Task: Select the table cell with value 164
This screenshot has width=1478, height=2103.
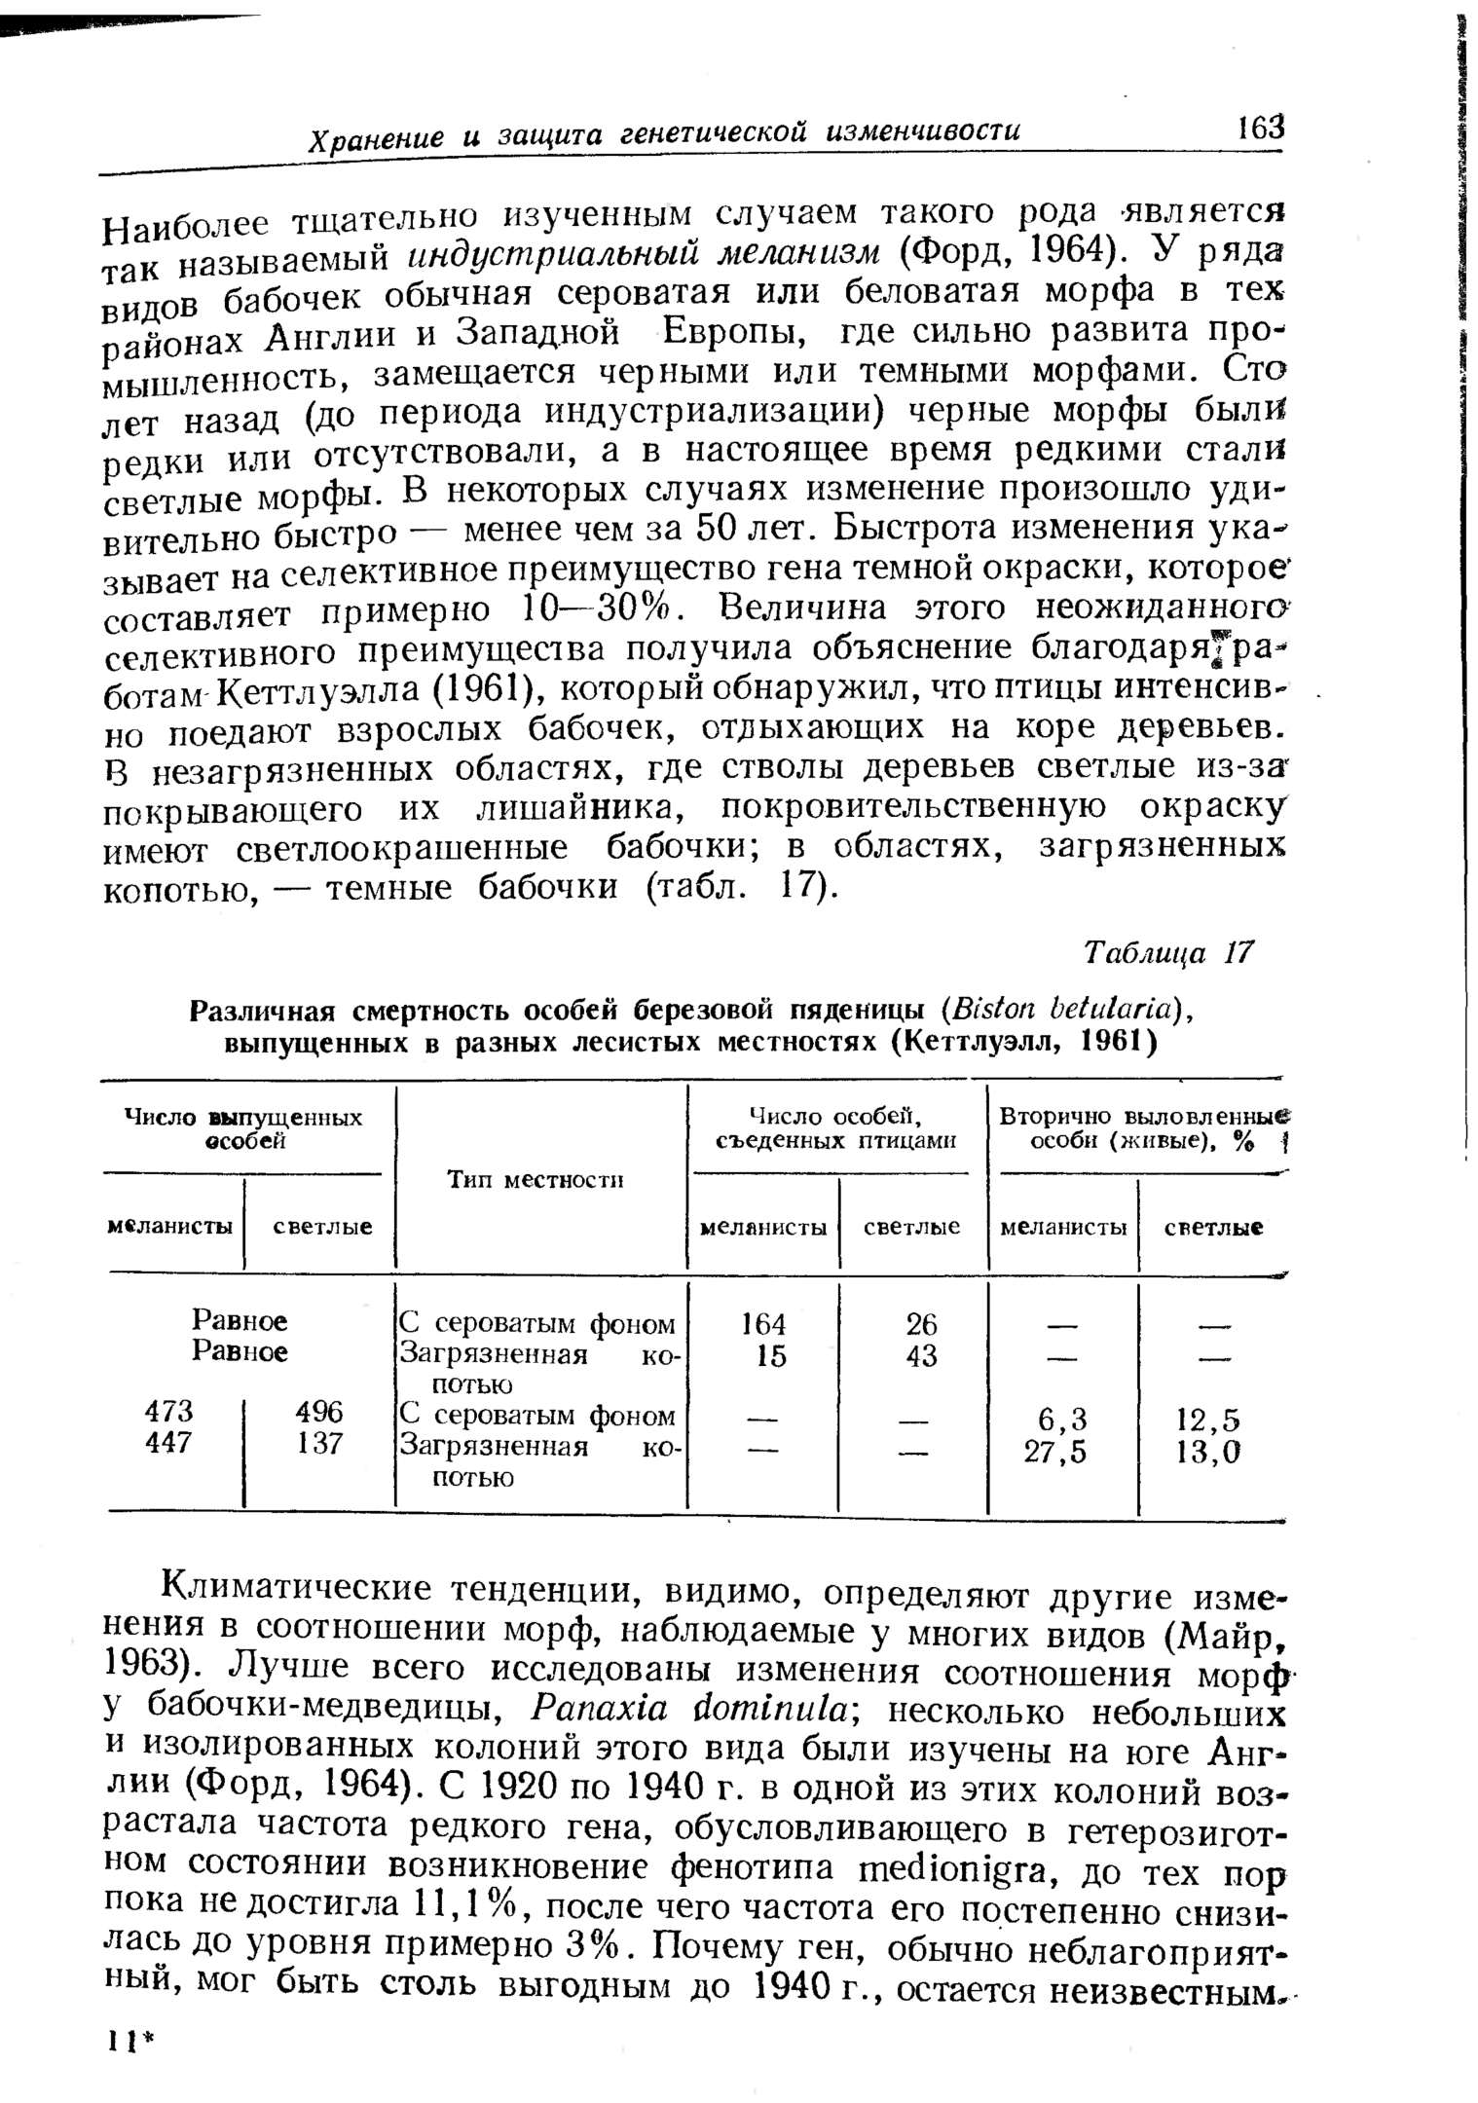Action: click(763, 1323)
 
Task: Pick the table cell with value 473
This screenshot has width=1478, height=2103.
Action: click(168, 1411)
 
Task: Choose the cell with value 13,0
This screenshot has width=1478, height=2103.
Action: click(1213, 1452)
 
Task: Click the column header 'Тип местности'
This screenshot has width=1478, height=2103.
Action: click(535, 1179)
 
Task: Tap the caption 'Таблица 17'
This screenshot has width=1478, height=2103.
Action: click(1167, 951)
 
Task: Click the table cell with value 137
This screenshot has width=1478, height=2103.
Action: click(320, 1442)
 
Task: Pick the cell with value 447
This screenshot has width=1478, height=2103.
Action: click(168, 1442)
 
